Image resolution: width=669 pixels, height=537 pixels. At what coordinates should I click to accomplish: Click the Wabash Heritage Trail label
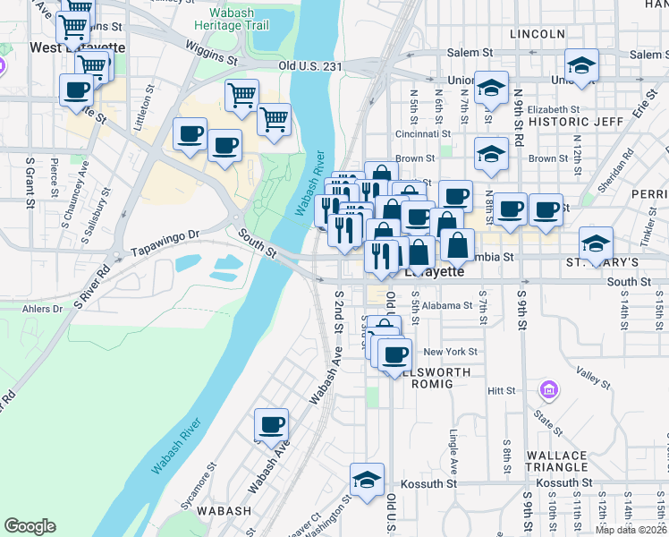[x=238, y=20]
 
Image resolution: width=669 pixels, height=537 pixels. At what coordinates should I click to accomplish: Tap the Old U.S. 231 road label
[x=311, y=65]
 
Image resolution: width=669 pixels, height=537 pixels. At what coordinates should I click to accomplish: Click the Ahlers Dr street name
[x=45, y=310]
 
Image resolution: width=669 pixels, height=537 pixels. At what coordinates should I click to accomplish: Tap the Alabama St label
[x=447, y=305]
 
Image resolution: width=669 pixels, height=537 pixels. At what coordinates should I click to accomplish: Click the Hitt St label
[x=502, y=391]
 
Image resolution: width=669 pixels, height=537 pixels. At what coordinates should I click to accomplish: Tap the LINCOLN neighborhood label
[x=537, y=34]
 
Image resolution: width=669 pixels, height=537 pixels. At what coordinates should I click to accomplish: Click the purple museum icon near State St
[x=547, y=390]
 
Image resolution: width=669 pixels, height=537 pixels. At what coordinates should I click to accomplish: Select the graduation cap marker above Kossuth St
[x=367, y=480]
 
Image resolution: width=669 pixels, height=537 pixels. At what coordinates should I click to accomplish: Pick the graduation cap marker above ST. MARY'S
[x=596, y=242]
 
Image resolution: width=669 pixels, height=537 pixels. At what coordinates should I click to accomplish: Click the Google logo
[x=30, y=526]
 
